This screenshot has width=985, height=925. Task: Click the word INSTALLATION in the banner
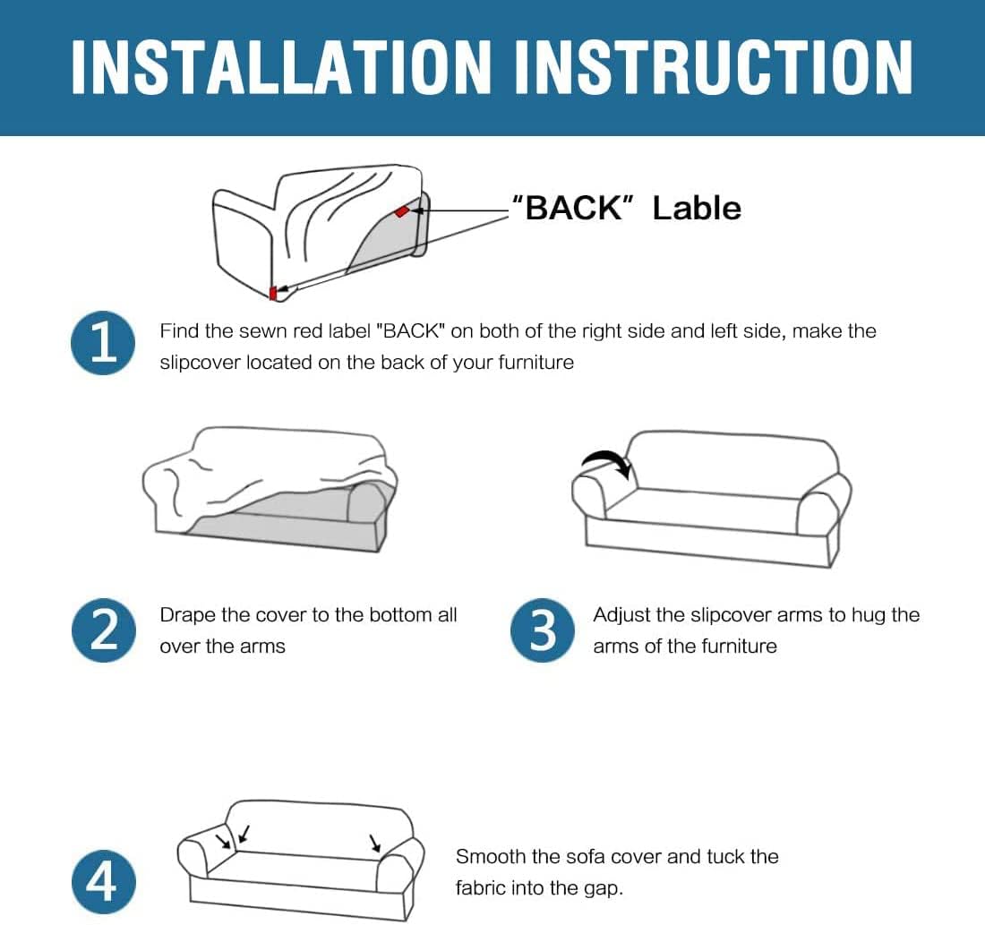281,67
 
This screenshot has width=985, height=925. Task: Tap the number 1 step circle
103,343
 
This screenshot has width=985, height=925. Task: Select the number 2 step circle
103,630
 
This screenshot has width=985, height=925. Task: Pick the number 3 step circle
543,630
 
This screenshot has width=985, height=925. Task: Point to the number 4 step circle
103,882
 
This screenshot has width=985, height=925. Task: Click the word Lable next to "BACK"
697,208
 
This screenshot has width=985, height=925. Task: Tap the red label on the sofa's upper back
401,211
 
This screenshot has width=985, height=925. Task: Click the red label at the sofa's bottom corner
272,293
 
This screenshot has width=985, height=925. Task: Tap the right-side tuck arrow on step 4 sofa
375,844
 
